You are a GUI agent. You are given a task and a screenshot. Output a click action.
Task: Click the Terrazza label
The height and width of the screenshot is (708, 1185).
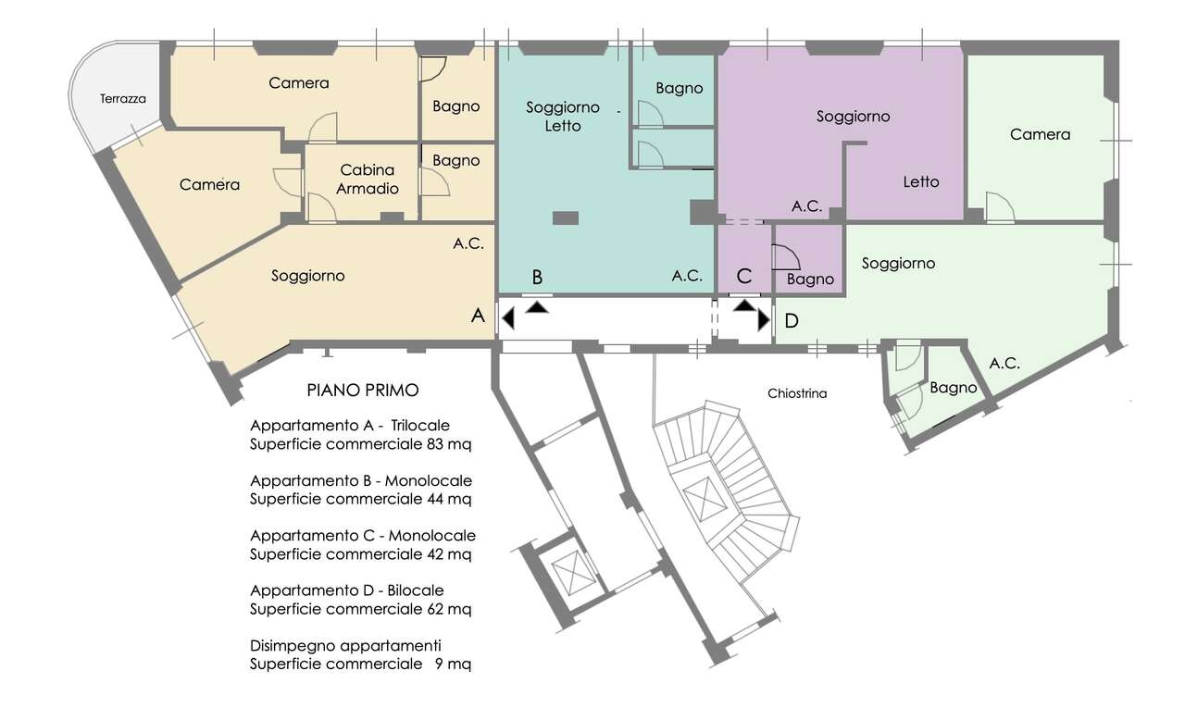point(123,99)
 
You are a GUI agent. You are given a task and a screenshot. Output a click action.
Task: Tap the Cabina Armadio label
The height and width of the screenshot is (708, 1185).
point(368,180)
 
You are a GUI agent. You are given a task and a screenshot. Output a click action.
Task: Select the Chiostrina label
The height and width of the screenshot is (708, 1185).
point(797,393)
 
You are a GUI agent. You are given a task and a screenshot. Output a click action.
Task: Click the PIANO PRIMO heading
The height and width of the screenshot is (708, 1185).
point(363,391)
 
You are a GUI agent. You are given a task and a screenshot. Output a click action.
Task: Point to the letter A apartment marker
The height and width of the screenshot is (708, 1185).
point(478,316)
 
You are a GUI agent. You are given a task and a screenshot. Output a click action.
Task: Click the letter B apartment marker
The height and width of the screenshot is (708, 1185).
point(537,277)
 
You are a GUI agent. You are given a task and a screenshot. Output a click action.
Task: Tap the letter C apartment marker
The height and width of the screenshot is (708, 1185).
point(743,276)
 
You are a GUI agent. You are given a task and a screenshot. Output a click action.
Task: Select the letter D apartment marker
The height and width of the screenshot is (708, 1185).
point(792,320)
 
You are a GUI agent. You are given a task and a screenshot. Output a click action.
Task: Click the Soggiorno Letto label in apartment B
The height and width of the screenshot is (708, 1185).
point(563,117)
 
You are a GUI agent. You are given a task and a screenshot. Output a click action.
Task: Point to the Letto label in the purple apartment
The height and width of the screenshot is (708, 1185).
point(921,182)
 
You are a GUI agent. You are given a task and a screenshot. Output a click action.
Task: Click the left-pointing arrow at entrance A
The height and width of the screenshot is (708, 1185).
point(508,319)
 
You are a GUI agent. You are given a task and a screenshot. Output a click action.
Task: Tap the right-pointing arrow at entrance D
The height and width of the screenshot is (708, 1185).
point(764,320)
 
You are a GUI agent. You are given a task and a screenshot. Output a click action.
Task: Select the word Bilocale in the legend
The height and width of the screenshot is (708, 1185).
point(416,590)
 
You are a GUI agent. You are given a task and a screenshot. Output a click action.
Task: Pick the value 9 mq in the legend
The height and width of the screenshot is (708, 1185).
point(453,664)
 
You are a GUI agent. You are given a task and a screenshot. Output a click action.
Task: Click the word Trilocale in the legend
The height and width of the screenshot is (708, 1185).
point(420,425)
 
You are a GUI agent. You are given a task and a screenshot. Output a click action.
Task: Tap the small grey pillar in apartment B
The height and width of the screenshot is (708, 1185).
point(566,217)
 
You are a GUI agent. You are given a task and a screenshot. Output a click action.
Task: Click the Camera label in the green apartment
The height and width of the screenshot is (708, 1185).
point(1040,134)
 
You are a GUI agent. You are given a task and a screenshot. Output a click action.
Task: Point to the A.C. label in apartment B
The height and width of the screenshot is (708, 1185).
point(687,276)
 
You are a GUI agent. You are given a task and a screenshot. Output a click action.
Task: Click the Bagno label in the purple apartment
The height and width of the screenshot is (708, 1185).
point(810,279)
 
